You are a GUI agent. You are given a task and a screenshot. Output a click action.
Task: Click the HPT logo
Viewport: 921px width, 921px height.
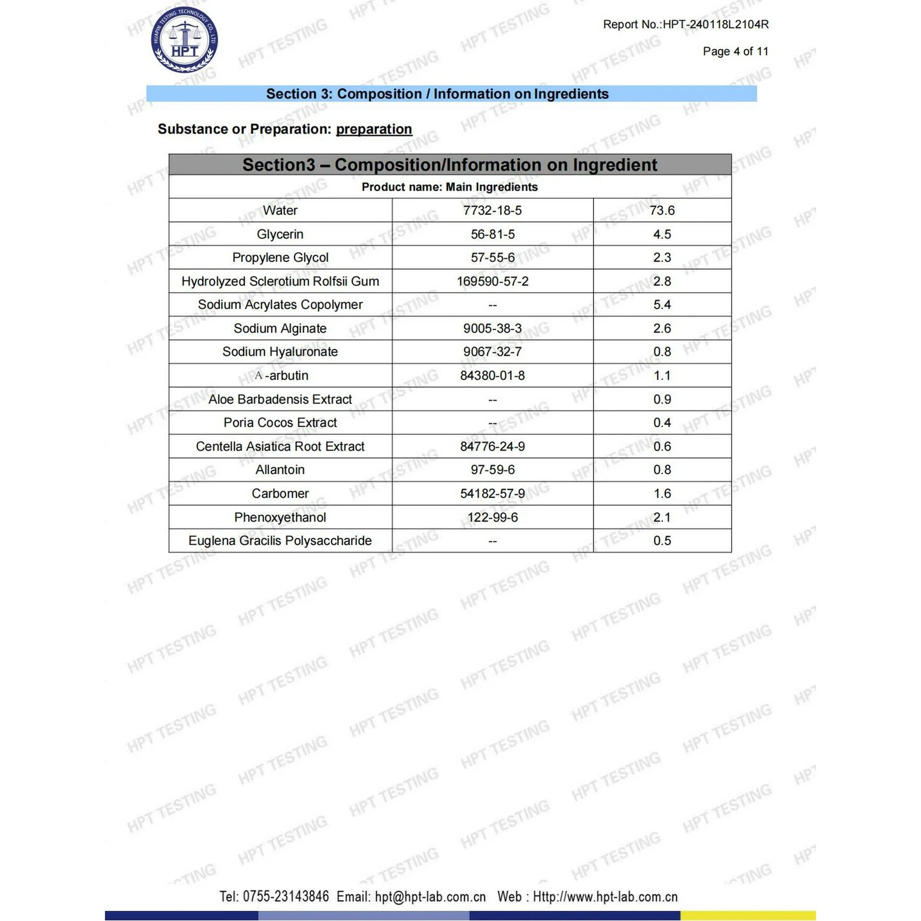point(185,40)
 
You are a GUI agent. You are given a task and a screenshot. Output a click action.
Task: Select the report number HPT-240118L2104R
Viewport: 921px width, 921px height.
point(715,25)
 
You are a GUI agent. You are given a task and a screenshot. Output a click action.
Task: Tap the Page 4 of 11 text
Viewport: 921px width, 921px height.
point(736,52)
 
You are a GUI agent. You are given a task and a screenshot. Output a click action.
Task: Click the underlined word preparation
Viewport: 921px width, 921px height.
point(373,129)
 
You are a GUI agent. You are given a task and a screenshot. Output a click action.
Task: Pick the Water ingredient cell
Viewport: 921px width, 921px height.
point(280,210)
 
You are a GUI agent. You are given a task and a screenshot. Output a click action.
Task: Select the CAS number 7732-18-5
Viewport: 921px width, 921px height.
point(492,210)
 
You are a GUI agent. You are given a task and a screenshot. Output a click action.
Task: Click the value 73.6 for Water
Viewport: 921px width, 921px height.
point(662,210)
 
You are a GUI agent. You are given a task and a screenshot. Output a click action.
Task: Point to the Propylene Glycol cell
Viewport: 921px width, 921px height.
point(280,257)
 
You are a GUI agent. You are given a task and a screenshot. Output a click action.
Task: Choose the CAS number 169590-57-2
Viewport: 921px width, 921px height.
point(492,281)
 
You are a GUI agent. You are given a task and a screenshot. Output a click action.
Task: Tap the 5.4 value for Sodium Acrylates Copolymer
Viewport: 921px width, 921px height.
point(662,305)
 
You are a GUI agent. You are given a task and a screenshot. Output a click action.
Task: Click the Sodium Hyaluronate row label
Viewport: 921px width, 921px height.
point(280,352)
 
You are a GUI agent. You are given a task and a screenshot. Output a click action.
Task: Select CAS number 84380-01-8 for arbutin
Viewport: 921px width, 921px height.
point(492,375)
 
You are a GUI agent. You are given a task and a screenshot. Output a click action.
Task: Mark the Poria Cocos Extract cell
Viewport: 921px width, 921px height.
point(280,423)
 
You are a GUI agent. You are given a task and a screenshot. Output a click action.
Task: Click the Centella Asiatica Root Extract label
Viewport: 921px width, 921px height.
point(280,446)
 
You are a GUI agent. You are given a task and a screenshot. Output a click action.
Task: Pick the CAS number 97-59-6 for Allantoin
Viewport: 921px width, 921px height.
point(492,470)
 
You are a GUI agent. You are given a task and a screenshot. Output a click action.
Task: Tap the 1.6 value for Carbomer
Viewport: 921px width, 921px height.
point(662,493)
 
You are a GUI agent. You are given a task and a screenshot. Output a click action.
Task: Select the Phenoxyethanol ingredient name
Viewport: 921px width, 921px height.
point(280,517)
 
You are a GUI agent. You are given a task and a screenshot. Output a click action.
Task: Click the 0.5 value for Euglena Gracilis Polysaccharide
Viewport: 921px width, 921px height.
point(662,540)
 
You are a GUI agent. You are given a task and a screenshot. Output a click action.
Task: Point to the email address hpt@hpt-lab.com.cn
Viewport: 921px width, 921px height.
point(430,897)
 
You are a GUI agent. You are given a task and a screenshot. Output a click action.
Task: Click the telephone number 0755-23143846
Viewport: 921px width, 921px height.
point(286,897)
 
